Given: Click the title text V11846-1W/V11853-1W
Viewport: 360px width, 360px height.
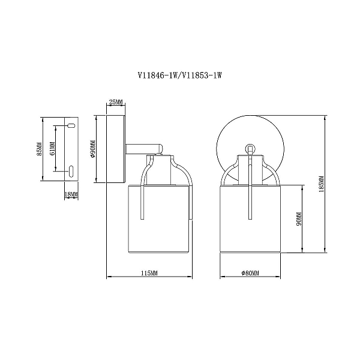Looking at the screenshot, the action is point(180,75).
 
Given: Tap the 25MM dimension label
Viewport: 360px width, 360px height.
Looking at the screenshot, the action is point(116,102).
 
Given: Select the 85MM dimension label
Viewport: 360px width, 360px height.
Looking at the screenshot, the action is point(39,149).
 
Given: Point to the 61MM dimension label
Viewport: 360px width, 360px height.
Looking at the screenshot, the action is point(52,148).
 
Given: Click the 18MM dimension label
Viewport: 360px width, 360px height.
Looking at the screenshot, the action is point(71,194).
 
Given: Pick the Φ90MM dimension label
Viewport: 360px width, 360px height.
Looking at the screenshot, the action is point(93,149).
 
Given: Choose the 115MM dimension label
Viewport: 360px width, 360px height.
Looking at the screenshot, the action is point(149,273).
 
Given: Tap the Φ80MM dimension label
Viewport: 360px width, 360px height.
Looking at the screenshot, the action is point(250,273).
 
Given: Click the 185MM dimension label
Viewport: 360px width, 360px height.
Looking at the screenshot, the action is point(322,184).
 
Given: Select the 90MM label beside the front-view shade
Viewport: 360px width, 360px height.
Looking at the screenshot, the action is point(299,218).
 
